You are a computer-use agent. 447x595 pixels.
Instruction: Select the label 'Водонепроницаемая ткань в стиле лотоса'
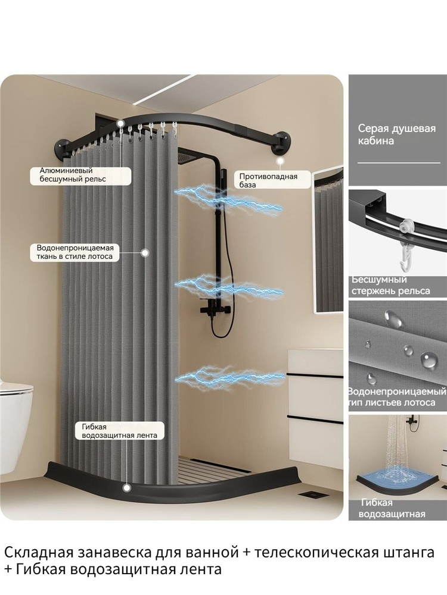tap(75, 252)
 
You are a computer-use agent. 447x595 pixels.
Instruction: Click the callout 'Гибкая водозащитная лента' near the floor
tap(119, 431)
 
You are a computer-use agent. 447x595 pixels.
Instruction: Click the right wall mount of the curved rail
tap(281, 142)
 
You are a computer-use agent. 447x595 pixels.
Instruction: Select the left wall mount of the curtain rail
tap(63, 147)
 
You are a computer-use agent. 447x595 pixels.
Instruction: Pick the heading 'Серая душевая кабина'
tap(396, 134)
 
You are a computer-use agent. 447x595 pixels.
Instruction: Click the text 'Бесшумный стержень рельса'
tap(391, 286)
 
